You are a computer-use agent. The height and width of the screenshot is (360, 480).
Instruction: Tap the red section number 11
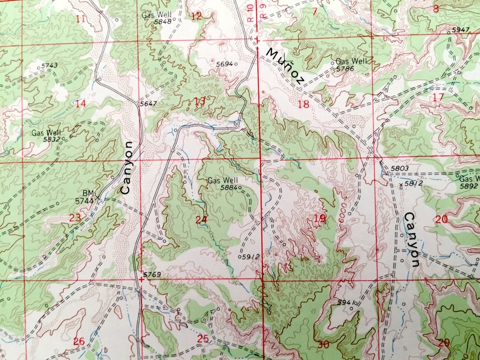pos(80,18)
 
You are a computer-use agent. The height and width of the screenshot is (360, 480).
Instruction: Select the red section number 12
pos(196,16)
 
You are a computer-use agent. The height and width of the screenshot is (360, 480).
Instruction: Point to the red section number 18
pos(303,104)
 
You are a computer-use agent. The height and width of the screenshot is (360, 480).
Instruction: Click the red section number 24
pos(201,219)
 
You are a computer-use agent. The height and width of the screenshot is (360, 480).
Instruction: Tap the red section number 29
pos(444,342)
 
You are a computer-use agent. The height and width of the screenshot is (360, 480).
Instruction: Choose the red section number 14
pos(80,103)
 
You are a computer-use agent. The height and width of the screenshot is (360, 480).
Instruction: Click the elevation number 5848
pos(162,21)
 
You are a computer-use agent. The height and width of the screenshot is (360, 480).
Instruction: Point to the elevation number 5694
pos(224,63)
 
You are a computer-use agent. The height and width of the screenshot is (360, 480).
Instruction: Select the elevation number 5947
pos(460,30)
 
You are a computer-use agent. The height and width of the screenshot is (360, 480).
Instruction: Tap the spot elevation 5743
pos(50,65)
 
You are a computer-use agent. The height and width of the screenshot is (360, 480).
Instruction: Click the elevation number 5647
pos(148,104)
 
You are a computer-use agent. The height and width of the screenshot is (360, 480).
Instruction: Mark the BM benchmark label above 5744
pos(89,193)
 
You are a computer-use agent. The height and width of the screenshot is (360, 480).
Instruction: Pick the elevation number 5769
pos(152,275)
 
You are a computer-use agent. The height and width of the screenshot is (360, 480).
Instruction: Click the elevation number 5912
pos(250,257)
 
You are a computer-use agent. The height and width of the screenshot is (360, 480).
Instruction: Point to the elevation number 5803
pos(400,168)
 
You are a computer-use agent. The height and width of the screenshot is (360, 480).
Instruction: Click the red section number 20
pos(441,219)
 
